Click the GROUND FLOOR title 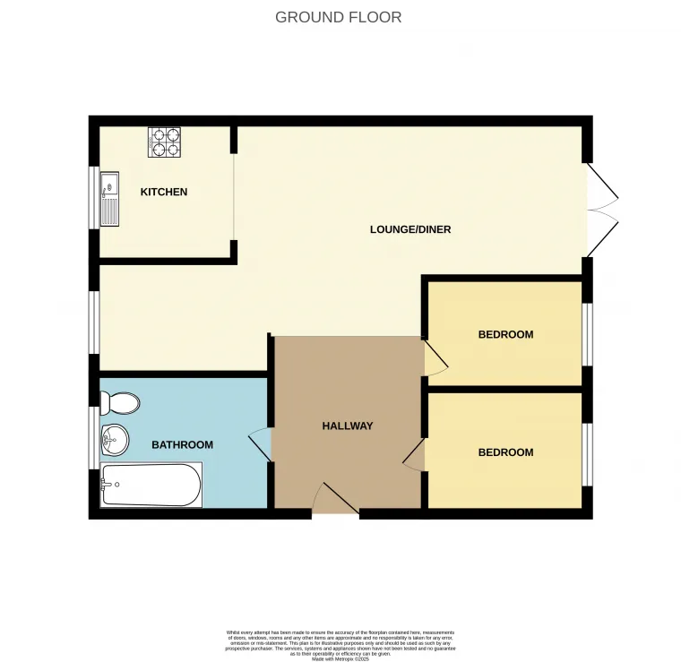[x=338, y=17]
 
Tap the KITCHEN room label [x=164, y=192]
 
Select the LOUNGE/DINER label [x=410, y=229]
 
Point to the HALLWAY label [x=348, y=426]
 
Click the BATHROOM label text [x=182, y=444]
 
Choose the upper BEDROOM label [x=505, y=334]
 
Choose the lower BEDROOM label [x=505, y=452]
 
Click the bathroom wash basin [x=115, y=438]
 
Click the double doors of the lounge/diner [x=602, y=211]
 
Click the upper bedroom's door [x=435, y=357]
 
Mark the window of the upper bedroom [x=587, y=334]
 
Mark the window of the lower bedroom [x=587, y=452]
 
